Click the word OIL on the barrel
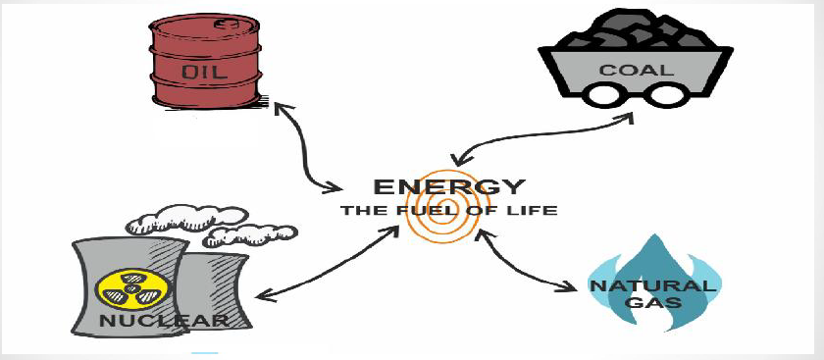pyautogui.click(x=205, y=72)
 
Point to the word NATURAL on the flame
pyautogui.click(x=652, y=285)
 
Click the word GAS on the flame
pyautogui.click(x=652, y=302)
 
